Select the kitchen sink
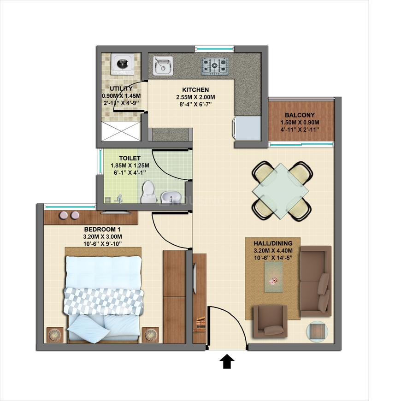(162, 65)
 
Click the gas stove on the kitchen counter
(214, 66)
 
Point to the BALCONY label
(300, 115)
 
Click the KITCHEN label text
(195, 90)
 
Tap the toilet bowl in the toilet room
(148, 192)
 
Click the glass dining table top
(282, 189)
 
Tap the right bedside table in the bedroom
(151, 334)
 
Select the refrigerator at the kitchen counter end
(248, 128)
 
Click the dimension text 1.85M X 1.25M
(126, 166)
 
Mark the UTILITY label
(121, 88)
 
